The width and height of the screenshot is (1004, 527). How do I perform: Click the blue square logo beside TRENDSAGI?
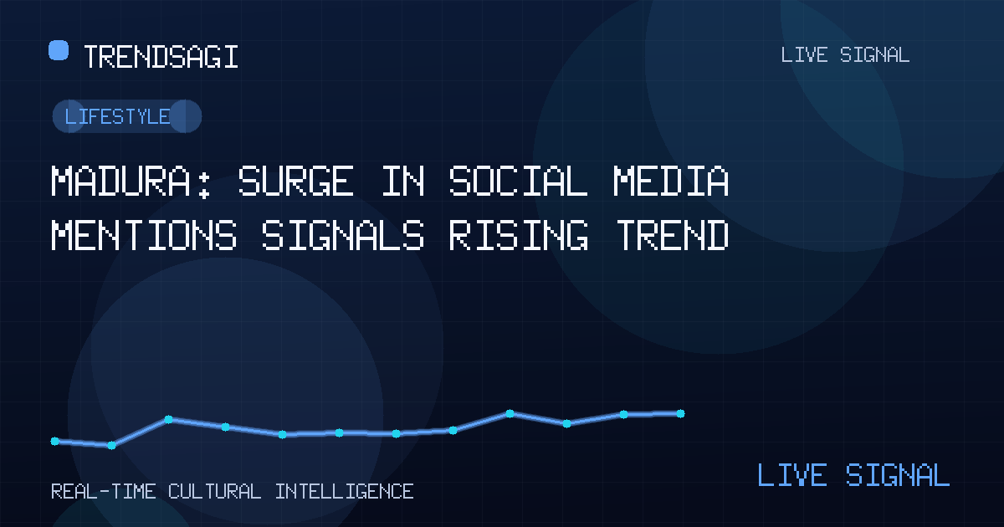pyautogui.click(x=59, y=50)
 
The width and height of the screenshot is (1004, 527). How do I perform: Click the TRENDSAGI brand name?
pyautogui.click(x=161, y=57)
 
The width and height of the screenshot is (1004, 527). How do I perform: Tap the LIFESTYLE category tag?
pyautogui.click(x=127, y=116)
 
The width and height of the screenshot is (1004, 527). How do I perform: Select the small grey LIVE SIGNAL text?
pyautogui.click(x=845, y=55)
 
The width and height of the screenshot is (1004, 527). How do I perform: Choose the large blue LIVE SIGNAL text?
pyautogui.click(x=853, y=474)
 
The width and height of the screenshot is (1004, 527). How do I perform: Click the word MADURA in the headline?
pyautogui.click(x=121, y=181)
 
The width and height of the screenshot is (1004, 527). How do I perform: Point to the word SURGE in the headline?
pyautogui.click(x=296, y=181)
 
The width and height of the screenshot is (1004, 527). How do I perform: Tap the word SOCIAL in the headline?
pyautogui.click(x=518, y=181)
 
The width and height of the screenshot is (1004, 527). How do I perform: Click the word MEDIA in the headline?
pyautogui.click(x=671, y=181)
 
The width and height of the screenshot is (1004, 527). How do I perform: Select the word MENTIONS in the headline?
pyautogui.click(x=144, y=235)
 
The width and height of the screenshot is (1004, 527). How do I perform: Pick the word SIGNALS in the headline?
pyautogui.click(x=343, y=235)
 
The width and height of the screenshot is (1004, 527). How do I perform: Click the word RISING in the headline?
pyautogui.click(x=519, y=235)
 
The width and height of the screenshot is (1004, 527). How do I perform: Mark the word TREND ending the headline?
pyautogui.click(x=672, y=235)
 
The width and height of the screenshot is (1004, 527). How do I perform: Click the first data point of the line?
pyautogui.click(x=54, y=442)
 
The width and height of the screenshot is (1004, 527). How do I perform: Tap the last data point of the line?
pyautogui.click(x=680, y=413)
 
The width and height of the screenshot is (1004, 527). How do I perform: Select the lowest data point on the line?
pyautogui.click(x=111, y=445)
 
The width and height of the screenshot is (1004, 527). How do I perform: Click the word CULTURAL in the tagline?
pyautogui.click(x=214, y=492)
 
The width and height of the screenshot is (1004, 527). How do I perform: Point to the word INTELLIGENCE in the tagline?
pyautogui.click(x=344, y=492)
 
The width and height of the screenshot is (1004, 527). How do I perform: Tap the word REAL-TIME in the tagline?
pyautogui.click(x=104, y=492)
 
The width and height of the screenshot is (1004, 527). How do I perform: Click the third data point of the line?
pyautogui.click(x=168, y=419)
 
